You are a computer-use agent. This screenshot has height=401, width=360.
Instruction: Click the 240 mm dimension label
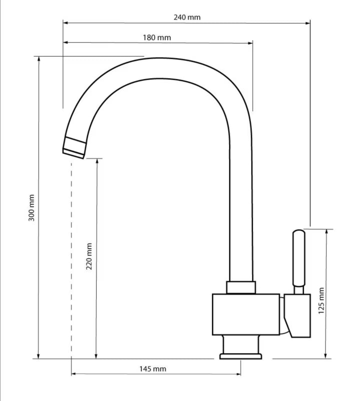point(187,18)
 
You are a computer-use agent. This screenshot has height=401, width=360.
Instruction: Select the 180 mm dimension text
point(157,38)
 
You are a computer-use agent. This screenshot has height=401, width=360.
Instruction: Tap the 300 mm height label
point(32,208)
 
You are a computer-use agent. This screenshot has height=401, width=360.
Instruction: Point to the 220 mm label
point(89,256)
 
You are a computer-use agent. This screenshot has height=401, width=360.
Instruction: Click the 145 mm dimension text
point(153,369)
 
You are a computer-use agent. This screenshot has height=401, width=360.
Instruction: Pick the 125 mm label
point(321,301)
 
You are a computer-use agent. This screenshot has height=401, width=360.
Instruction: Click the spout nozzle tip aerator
point(74,148)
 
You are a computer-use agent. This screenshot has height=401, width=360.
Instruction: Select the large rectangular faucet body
point(246,314)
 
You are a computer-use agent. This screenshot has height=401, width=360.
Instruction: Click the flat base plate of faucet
point(241,356)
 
